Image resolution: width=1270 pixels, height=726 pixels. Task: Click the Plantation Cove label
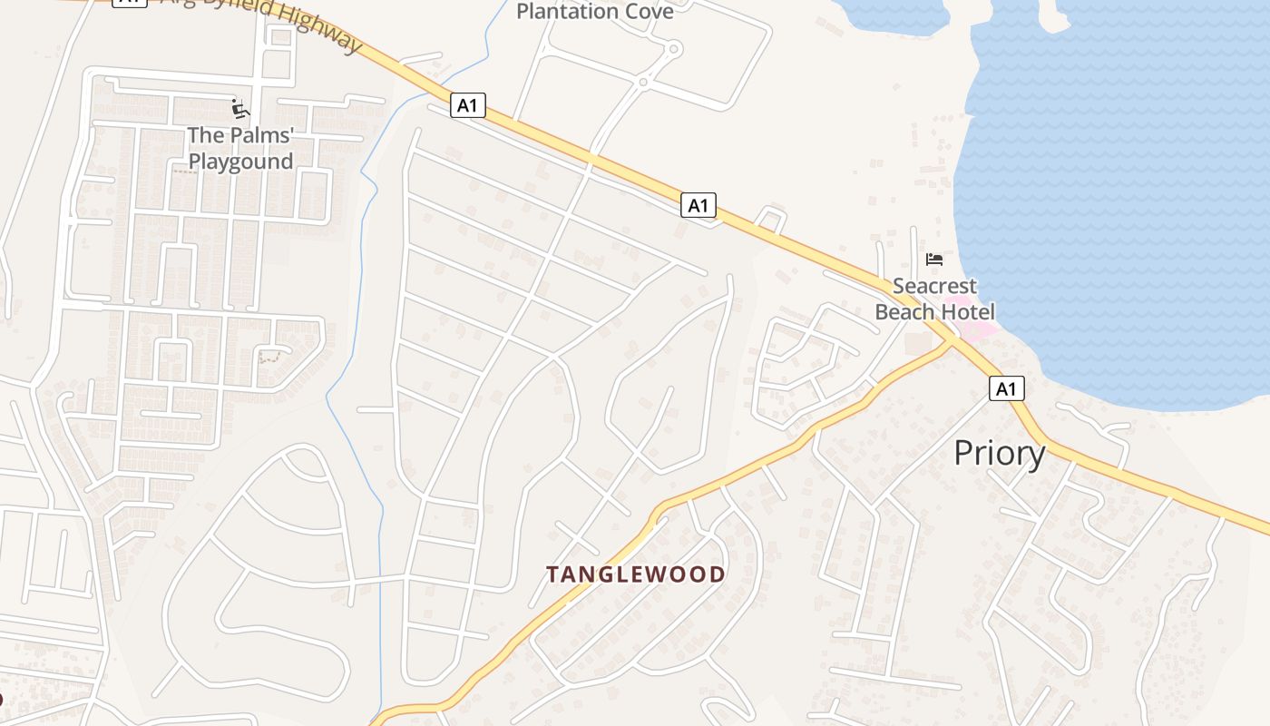594,12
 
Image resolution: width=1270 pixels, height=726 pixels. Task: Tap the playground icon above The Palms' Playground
240,110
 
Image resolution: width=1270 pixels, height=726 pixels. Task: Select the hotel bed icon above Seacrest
933,260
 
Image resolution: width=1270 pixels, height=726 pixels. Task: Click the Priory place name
999,453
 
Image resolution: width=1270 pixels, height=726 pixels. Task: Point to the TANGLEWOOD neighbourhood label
635,574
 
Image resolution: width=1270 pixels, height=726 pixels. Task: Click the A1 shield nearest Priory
1006,389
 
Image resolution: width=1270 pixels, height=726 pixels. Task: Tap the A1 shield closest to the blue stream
467,106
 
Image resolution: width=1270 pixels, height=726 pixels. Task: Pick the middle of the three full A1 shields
698,206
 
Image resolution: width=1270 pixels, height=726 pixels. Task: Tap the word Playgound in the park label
240,162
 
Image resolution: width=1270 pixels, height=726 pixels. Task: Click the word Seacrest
933,287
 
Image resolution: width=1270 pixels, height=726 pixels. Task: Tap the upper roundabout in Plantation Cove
673,50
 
